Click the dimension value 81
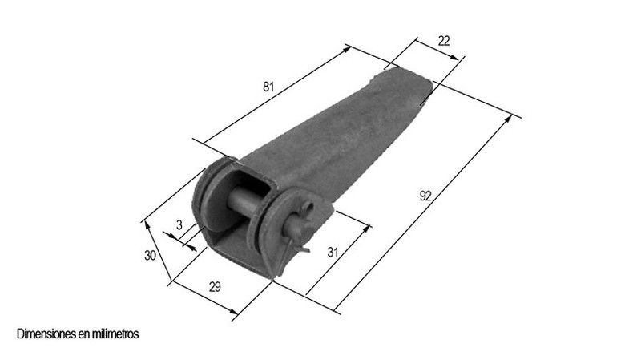click(x=268, y=87)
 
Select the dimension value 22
click(x=444, y=41)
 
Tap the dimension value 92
click(x=425, y=196)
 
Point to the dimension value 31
click(x=333, y=252)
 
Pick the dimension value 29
click(x=215, y=287)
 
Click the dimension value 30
click(x=150, y=256)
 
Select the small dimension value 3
click(x=179, y=225)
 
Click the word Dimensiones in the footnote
click(x=46, y=334)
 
